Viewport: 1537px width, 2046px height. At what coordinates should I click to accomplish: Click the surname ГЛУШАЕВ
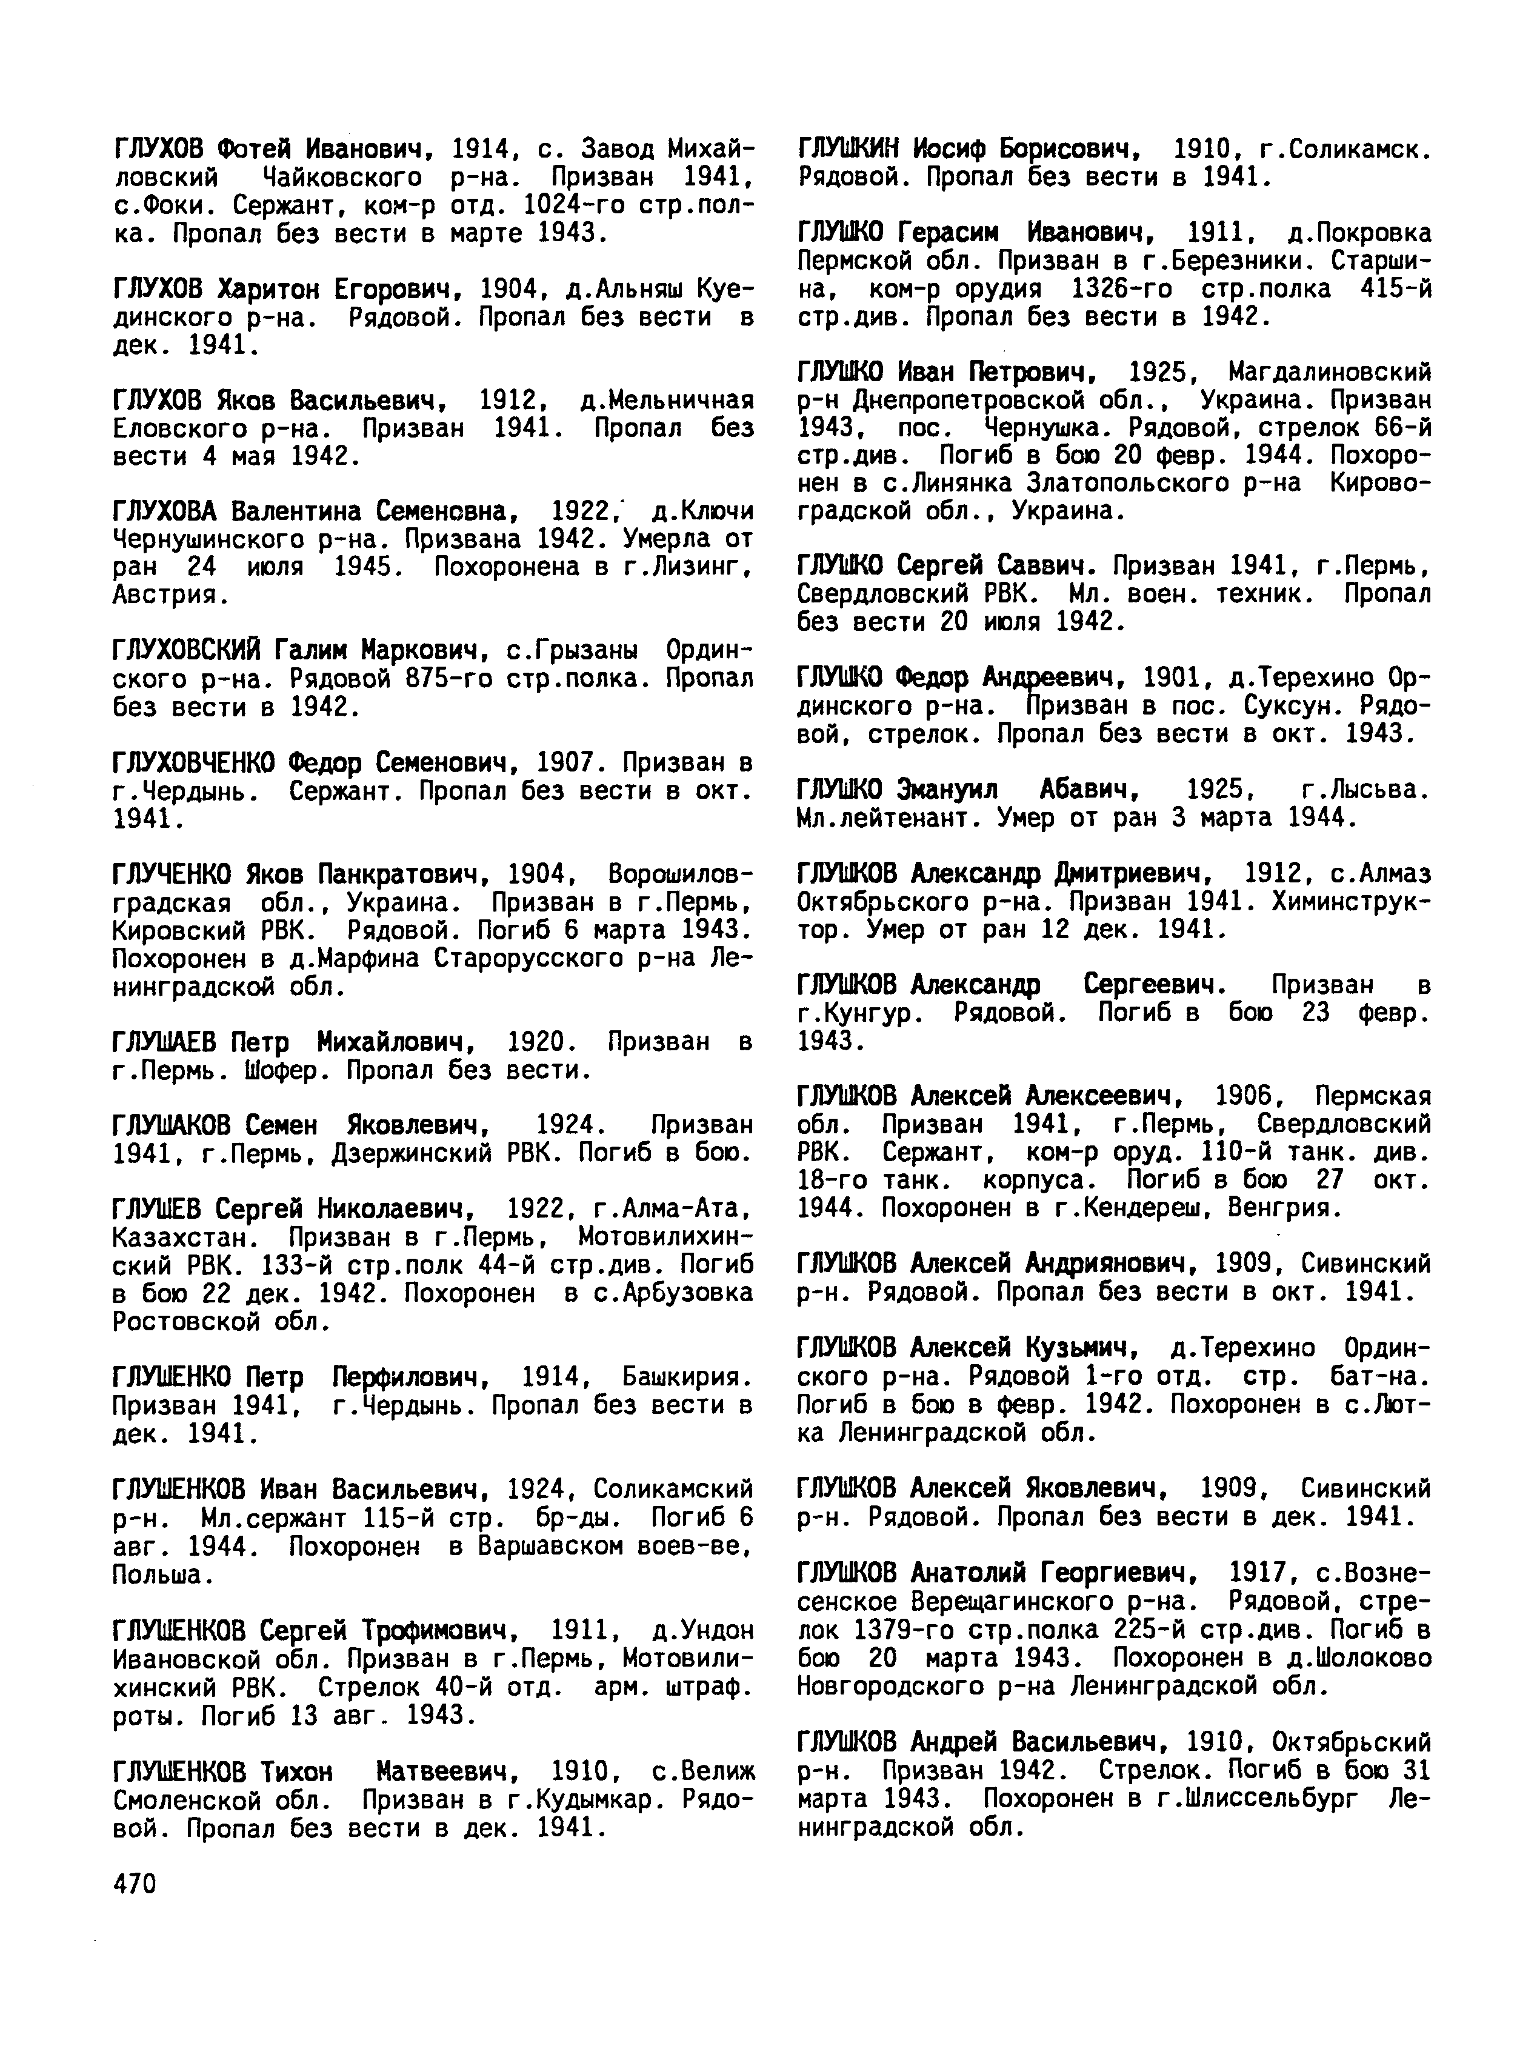coord(165,1042)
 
